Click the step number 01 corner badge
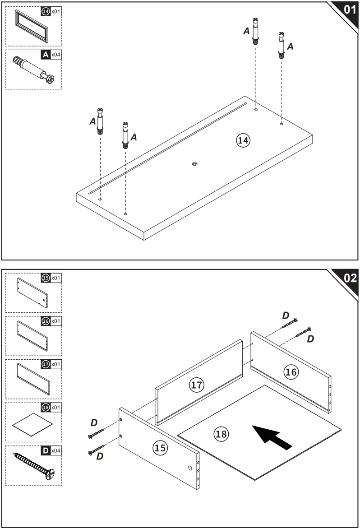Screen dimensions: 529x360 coord(349,10)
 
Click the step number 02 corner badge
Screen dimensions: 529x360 coord(349,278)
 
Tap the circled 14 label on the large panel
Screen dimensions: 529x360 coord(243,140)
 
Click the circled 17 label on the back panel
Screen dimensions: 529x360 coord(196,385)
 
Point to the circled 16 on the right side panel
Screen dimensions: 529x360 coord(291,371)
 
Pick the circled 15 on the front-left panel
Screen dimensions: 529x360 coord(160,448)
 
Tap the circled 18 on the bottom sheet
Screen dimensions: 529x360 coord(221,434)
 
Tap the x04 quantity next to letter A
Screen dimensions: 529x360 coord(56,55)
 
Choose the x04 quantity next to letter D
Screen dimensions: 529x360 coord(56,450)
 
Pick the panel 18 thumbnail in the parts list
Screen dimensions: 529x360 coord(32,425)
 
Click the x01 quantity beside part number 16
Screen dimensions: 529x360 coord(56,321)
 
